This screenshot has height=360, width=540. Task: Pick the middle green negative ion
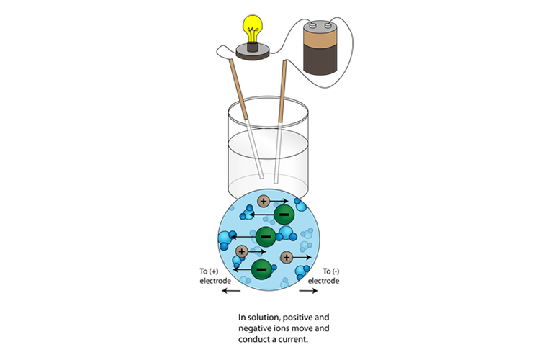pos(264,235)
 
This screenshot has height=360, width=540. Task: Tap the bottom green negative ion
pos(261,268)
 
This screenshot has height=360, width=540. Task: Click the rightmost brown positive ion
pos(287,256)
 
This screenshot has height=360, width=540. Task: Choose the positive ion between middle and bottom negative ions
pos(241,251)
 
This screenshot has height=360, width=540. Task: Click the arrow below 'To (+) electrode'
pos(231,291)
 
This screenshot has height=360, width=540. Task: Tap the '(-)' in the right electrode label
pos(336,271)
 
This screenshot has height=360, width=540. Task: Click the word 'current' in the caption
pos(292,340)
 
